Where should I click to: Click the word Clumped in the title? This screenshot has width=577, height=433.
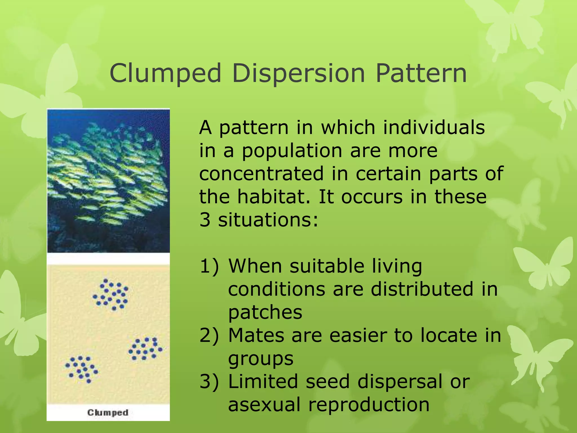pyautogui.click(x=165, y=73)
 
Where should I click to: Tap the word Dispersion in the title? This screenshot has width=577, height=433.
pyautogui.click(x=298, y=73)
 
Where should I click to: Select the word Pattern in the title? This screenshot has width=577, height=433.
pyautogui.click(x=421, y=73)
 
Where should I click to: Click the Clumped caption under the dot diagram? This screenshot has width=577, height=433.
pyautogui.click(x=108, y=412)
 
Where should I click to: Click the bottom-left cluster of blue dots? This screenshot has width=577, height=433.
pyautogui.click(x=82, y=369)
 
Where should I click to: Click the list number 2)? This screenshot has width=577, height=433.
pyautogui.click(x=209, y=335)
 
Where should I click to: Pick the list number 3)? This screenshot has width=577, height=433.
pyautogui.click(x=209, y=381)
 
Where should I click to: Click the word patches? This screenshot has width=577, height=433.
pyautogui.click(x=265, y=312)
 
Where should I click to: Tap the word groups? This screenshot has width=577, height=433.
pyautogui.click(x=261, y=359)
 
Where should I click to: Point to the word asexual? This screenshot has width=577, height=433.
pyautogui.click(x=264, y=405)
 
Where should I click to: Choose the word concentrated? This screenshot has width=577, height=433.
pyautogui.click(x=261, y=173)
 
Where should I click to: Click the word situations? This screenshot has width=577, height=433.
pyautogui.click(x=268, y=220)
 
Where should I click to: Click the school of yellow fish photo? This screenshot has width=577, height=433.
pyautogui.click(x=108, y=180)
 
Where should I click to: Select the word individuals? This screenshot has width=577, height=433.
pyautogui.click(x=434, y=127)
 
